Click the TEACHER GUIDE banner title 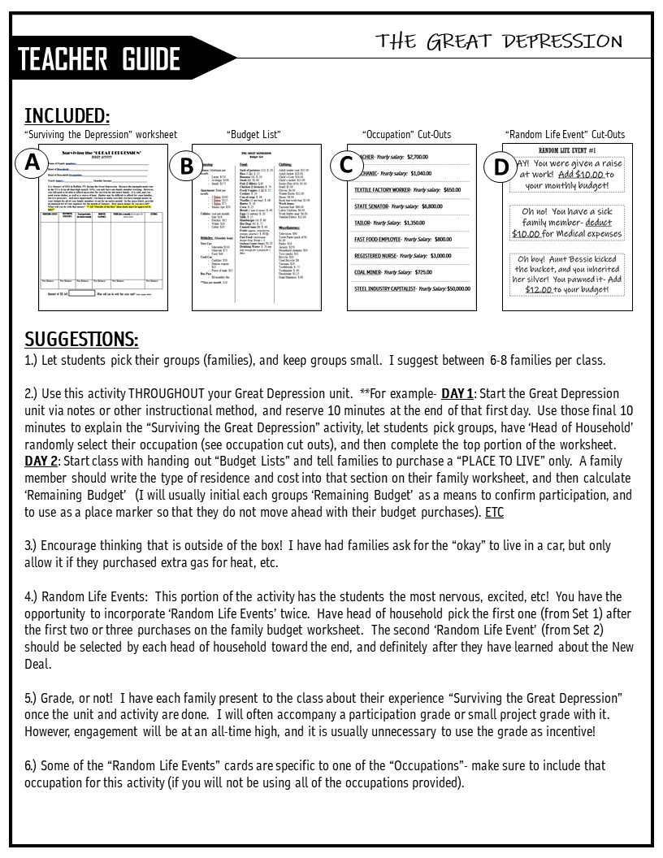[x=99, y=59]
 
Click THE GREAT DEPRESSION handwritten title [x=499, y=41]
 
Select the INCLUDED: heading [x=67, y=115]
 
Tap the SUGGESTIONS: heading [x=81, y=339]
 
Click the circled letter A [x=32, y=162]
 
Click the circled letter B [x=186, y=166]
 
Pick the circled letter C [x=345, y=165]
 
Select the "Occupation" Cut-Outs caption [x=406, y=135]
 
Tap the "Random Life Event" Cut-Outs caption [x=565, y=135]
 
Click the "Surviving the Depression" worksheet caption [x=101, y=135]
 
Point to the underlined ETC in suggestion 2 [x=494, y=513]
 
